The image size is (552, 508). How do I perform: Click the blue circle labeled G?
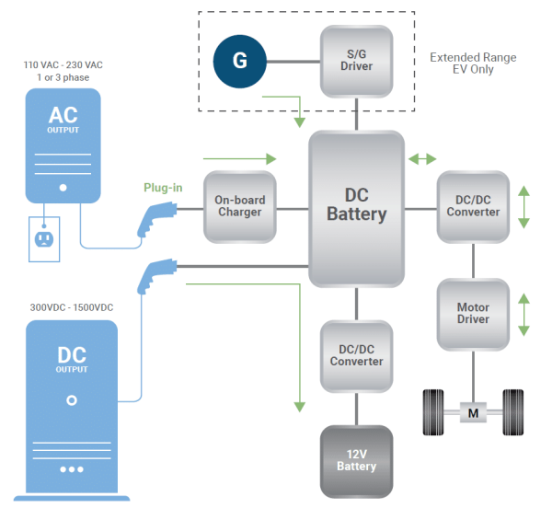point(239,61)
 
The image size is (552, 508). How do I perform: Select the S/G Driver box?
point(356,61)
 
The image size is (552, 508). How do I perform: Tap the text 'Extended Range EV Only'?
point(474,63)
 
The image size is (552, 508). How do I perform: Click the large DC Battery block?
point(356,207)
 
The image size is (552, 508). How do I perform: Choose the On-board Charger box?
point(239,207)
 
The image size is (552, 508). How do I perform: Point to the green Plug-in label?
point(163,188)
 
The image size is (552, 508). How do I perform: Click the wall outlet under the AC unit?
point(42,238)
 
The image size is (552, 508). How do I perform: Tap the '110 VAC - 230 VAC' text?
point(62,66)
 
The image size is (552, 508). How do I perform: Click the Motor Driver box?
point(473,314)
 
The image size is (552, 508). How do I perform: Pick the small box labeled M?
point(473,413)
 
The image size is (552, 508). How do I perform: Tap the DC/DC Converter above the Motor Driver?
point(473,206)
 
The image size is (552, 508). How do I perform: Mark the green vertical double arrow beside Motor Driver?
point(524,314)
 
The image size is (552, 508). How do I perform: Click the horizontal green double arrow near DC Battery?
point(423,159)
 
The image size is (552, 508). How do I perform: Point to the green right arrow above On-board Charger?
point(238,157)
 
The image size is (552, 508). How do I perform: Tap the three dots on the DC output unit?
point(72,468)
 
